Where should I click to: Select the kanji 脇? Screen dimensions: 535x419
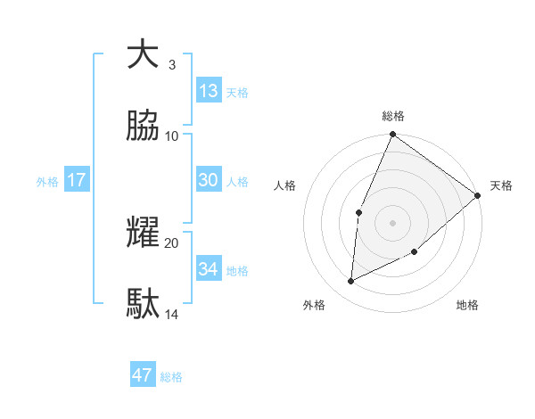[143, 127]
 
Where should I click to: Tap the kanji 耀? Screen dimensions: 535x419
[143, 232]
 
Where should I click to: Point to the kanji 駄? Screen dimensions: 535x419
[143, 304]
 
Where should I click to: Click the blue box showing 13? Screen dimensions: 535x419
[209, 90]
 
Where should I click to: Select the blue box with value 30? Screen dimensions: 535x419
[209, 180]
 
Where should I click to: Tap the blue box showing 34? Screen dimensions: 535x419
[209, 268]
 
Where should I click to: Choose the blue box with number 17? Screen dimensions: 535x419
[77, 180]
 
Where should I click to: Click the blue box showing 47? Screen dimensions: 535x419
[143, 375]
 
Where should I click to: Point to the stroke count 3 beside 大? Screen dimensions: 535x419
[172, 64]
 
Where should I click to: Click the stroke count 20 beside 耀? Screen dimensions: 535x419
[172, 242]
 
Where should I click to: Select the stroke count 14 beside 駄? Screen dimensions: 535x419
[172, 315]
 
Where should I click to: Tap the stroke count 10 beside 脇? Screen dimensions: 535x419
[172, 136]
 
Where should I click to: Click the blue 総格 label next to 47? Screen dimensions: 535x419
[171, 377]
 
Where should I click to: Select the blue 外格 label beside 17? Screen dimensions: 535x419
[47, 182]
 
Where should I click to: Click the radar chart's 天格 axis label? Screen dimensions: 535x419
[501, 185]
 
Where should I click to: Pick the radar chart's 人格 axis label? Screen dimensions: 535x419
[284, 185]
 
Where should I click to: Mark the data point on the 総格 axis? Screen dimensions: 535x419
[392, 136]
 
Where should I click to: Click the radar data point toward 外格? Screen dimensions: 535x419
[351, 282]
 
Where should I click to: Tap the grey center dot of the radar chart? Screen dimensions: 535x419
[392, 222]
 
